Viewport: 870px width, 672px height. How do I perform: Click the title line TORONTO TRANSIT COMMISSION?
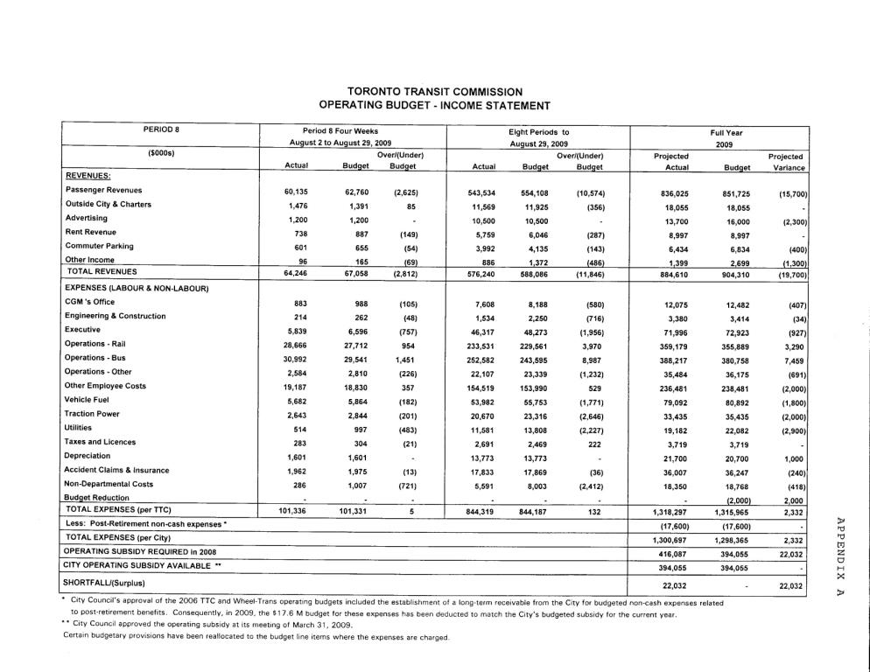click(435, 91)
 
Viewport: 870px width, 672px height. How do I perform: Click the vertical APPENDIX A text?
click(843, 555)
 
